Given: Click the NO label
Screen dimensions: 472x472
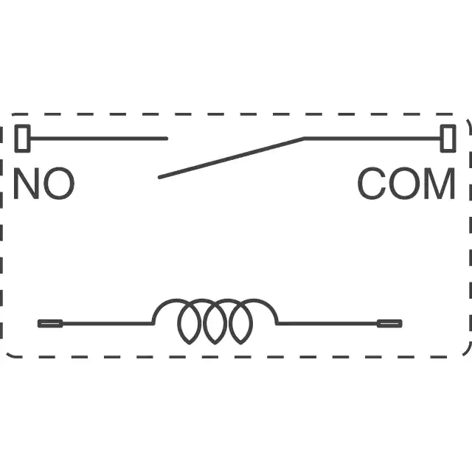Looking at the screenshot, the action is [x=44, y=184].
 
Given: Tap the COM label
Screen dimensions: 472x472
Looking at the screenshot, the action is [x=406, y=184].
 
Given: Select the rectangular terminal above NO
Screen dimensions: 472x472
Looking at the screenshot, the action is [x=23, y=139].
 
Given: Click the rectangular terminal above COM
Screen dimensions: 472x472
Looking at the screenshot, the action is [x=448, y=139].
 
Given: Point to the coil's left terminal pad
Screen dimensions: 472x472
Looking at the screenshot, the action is [x=50, y=324].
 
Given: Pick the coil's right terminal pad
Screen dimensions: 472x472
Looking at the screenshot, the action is [x=389, y=324].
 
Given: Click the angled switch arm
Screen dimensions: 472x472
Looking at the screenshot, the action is [x=231, y=158].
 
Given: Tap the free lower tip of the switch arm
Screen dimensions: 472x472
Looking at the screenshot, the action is [x=159, y=177].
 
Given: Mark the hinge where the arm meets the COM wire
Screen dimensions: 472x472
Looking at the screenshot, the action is [x=304, y=139].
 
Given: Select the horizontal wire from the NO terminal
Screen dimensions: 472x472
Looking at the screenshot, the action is [x=99, y=139].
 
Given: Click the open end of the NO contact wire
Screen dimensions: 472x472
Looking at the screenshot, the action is [x=167, y=139].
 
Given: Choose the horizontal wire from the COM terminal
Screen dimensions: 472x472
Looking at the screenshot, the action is [x=372, y=139].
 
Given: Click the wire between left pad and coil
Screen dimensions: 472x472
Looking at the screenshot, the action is [x=108, y=324].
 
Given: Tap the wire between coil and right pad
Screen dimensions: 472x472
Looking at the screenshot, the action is [x=327, y=324].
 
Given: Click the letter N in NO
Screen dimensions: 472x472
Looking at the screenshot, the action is [x=27, y=184].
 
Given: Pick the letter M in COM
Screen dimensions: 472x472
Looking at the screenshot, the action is [x=440, y=184].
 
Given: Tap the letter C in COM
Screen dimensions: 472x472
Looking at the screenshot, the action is [x=372, y=184].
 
